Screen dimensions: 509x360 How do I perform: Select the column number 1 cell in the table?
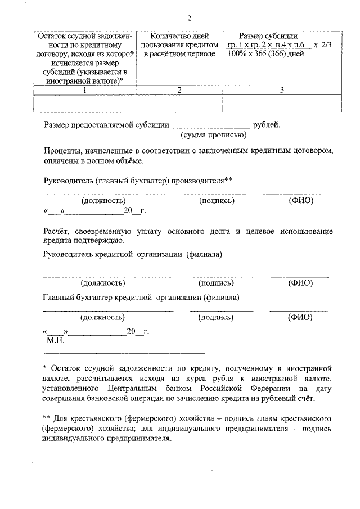tap(85, 90)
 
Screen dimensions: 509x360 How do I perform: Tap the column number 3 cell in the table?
tap(281, 90)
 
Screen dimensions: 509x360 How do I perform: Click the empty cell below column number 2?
tap(179, 103)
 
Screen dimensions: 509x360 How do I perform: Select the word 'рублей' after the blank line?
tap(267, 125)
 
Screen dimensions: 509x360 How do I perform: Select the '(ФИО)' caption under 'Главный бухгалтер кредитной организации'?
tap(300, 317)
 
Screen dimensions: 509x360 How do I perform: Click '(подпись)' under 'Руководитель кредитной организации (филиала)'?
tap(216, 283)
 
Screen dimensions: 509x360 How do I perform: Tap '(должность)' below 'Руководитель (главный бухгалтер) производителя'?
tap(103, 201)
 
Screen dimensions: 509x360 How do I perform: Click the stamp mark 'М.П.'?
tap(56, 341)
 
